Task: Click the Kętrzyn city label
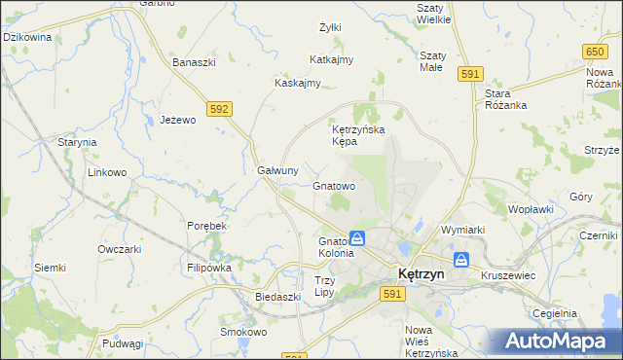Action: point(420,274)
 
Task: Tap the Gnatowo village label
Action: point(333,185)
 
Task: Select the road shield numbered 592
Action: point(219,109)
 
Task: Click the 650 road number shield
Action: point(596,50)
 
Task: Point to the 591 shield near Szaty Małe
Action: point(471,74)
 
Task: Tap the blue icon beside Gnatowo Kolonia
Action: point(357,238)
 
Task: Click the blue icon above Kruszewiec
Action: point(461,260)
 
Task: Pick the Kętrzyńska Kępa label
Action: point(358,135)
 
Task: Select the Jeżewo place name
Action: point(178,120)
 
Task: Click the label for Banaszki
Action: point(194,62)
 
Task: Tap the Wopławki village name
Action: point(531,208)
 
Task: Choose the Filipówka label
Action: point(208,267)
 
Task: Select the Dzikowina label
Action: point(27,36)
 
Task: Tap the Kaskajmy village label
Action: point(298,83)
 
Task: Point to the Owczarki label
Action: point(120,248)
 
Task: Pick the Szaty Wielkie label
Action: point(432,13)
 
